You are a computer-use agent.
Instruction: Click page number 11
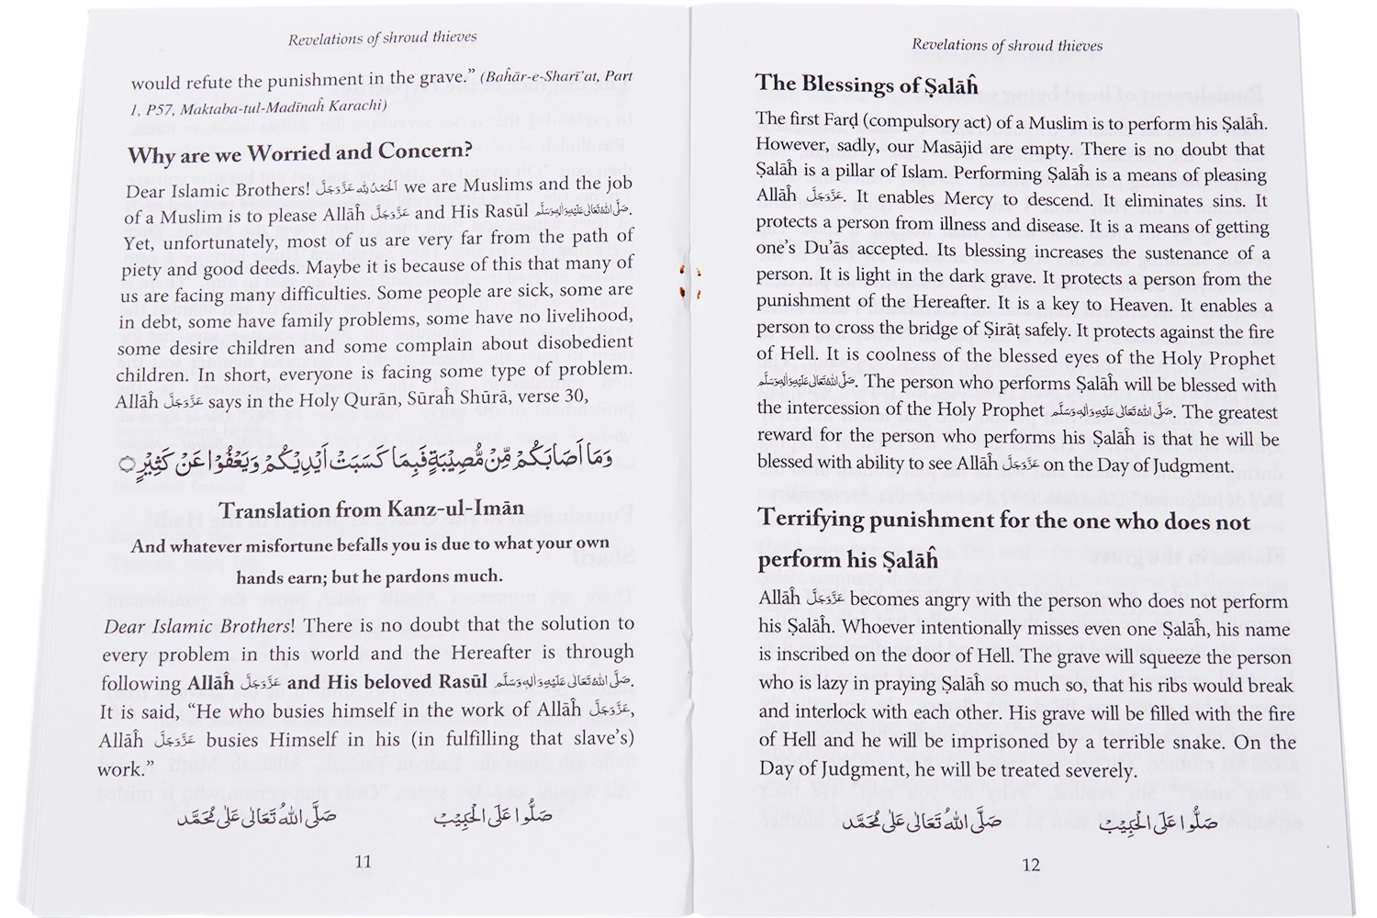(363, 861)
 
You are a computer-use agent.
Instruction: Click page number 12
(1030, 864)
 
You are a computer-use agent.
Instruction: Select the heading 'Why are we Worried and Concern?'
(299, 152)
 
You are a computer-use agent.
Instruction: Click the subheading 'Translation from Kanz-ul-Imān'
(372, 509)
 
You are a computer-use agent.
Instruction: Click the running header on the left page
(382, 39)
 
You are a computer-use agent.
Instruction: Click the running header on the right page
(1007, 45)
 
